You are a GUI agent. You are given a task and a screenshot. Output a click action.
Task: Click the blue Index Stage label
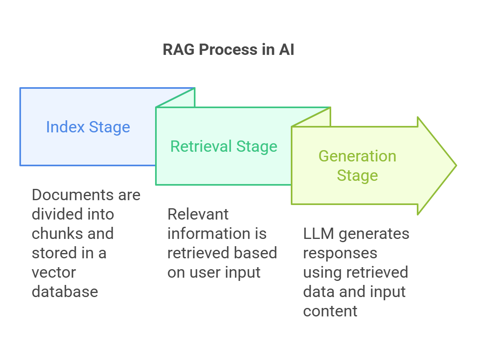click(88, 127)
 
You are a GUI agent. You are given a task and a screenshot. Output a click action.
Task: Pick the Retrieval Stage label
click(224, 146)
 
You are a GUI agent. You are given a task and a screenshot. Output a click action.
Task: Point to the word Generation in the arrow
click(357, 156)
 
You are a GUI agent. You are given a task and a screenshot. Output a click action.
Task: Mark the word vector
click(54, 272)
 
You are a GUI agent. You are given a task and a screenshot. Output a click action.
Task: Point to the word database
click(65, 292)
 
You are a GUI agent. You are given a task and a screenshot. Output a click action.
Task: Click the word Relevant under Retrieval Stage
click(198, 214)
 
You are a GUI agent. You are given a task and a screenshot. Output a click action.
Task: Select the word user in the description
click(204, 272)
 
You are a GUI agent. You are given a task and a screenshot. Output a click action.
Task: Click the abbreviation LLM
click(317, 234)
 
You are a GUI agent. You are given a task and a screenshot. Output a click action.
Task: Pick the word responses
click(340, 253)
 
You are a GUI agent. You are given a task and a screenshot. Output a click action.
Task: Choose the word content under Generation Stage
click(330, 311)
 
